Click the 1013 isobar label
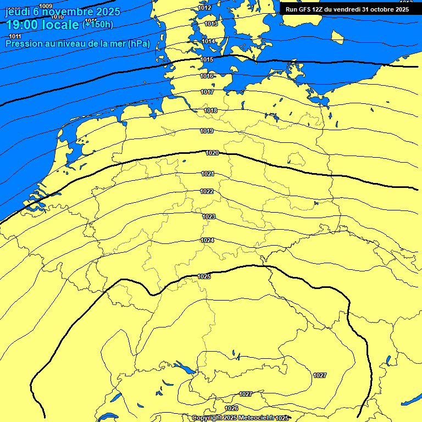210,24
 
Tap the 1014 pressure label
208,41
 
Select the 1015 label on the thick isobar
207,59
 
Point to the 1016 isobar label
207,76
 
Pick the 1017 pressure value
207,92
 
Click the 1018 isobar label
210,110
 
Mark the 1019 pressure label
207,131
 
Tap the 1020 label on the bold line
212,153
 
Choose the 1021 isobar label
207,174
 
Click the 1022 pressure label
207,191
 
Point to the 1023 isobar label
208,216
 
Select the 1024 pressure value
207,240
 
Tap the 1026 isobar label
232,408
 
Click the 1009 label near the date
46,6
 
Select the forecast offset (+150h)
98,24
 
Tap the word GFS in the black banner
305,9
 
